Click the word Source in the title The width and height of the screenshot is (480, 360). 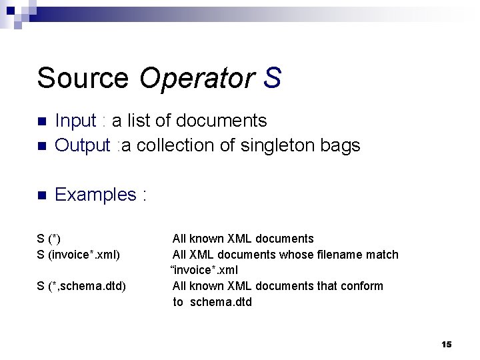pos(83,78)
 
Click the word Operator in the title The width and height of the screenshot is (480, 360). pos(197,78)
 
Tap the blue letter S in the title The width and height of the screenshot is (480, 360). pos(272,78)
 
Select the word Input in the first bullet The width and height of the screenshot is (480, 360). pos(75,121)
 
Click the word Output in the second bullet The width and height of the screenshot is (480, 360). pos(82,145)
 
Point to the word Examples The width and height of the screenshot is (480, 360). pos(95,195)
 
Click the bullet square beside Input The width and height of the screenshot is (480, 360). pos(41,122)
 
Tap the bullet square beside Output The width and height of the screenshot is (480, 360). pos(41,146)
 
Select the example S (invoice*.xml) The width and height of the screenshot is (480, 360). pos(78,254)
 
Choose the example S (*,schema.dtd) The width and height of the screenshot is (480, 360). pos(81,286)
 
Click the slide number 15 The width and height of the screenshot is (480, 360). pos(446,344)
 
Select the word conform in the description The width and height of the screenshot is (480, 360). pos(363,286)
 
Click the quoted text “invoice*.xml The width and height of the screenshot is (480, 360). pos(204,270)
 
